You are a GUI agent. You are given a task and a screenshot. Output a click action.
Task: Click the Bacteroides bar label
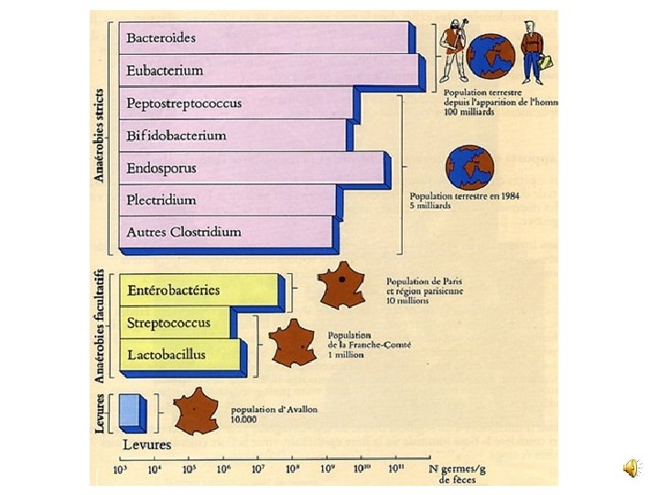pos(160,38)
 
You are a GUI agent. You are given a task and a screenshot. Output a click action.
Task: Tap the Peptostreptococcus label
pos(184,103)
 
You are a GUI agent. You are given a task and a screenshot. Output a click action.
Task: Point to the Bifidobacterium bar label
pos(176,136)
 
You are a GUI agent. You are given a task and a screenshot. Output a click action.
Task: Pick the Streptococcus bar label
pos(168,323)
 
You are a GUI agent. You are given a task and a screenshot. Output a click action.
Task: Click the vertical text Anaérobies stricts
pos(100,134)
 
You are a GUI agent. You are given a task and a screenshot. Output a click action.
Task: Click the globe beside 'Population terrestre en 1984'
pos(470,167)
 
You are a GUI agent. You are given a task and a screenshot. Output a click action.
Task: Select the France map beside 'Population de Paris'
pos(340,284)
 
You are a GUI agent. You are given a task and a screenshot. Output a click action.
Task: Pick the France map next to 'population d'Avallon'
pos(196,411)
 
